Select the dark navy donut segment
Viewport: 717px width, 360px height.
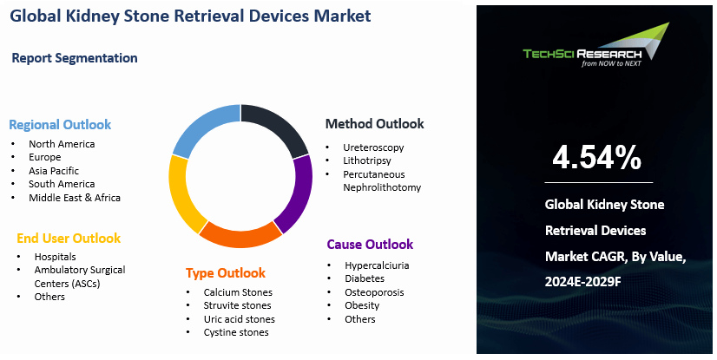(x=276, y=127)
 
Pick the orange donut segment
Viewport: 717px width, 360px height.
(x=240, y=234)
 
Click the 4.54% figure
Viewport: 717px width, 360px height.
(x=597, y=157)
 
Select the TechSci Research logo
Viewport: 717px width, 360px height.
(x=596, y=49)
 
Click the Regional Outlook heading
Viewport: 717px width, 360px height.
(x=60, y=124)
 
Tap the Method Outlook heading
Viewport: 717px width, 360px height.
(x=374, y=123)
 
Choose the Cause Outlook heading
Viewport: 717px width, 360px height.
(x=370, y=244)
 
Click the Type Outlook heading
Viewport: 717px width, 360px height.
(x=225, y=273)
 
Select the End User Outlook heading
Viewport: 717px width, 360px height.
(x=68, y=238)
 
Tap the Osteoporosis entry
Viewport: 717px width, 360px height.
(x=374, y=292)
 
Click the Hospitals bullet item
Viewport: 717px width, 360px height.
(x=55, y=257)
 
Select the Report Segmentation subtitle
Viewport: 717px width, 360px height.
(x=75, y=58)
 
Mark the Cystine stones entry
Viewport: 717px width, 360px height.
(x=237, y=332)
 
